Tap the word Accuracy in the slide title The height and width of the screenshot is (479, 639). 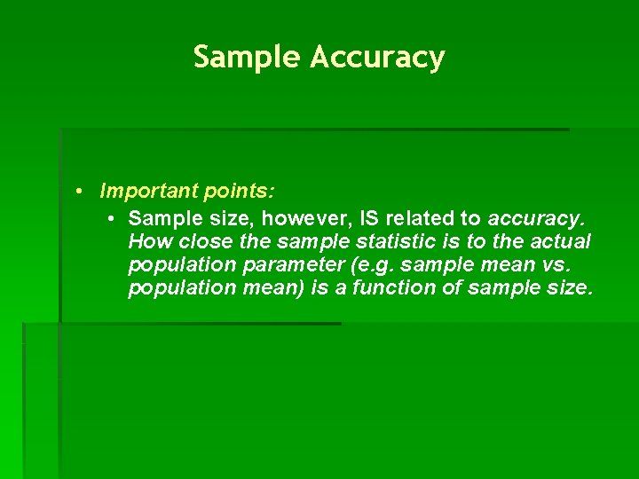[x=377, y=58]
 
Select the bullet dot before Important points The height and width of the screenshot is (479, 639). [x=80, y=192]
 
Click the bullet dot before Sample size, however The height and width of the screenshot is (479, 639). [x=108, y=218]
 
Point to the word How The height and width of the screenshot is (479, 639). [x=146, y=242]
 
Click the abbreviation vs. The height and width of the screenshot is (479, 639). [x=568, y=265]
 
